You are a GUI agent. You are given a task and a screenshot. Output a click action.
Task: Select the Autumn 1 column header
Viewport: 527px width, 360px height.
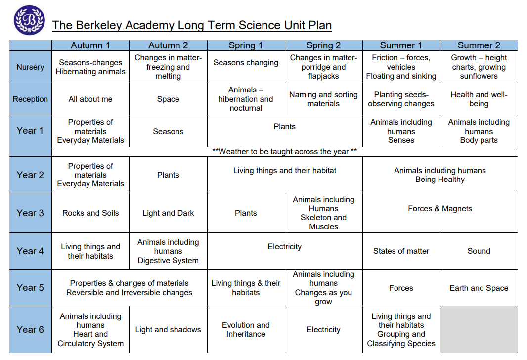90,45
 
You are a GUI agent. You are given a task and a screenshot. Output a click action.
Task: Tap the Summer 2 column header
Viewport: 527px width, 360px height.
479,45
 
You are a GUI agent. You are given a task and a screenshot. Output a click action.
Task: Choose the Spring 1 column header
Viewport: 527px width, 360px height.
246,45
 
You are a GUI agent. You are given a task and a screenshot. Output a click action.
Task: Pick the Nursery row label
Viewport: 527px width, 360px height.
30,67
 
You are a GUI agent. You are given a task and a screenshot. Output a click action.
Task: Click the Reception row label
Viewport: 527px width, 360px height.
30,99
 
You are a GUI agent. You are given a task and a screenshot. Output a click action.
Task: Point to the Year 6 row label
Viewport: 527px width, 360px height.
30,329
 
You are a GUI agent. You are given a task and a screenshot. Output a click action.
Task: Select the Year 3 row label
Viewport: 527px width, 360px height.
30,213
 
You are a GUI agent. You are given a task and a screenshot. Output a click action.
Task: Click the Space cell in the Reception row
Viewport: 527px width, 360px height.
168,99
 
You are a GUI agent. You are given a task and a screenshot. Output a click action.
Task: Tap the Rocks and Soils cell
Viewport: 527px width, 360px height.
90,213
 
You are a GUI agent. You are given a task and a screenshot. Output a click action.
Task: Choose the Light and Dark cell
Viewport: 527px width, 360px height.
168,213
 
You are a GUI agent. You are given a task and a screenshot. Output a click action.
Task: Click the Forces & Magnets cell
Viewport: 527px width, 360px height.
440,209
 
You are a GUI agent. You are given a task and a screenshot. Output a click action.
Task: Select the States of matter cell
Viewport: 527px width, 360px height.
401,251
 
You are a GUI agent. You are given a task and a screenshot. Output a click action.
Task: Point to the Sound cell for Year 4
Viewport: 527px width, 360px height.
479,251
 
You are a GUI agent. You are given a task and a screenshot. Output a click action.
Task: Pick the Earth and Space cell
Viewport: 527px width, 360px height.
479,288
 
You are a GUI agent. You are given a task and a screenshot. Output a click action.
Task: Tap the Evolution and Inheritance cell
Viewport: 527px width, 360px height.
246,329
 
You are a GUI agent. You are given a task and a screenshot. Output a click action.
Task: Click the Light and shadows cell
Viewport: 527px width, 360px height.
168,330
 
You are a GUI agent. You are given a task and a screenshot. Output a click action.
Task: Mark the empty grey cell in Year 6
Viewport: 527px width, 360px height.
479,329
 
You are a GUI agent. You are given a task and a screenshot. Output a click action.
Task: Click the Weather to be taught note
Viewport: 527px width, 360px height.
284,151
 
